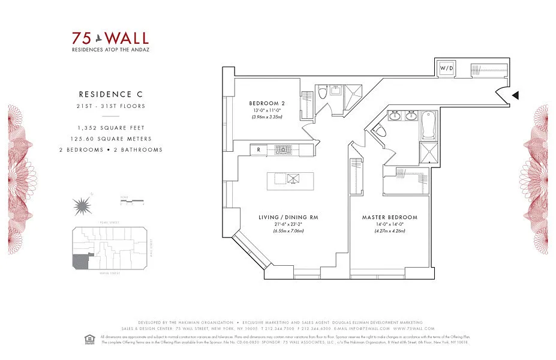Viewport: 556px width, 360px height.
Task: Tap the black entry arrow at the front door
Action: [x=515, y=95]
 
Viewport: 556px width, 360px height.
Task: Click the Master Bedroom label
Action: [x=390, y=217]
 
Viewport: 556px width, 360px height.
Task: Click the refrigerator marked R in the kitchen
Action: [x=258, y=149]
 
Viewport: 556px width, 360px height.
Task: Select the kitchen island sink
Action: [x=293, y=178]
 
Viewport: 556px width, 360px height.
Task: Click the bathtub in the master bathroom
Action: [x=429, y=125]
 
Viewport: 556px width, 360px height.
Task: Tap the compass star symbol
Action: [x=81, y=207]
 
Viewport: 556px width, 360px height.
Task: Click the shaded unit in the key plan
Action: [x=79, y=262]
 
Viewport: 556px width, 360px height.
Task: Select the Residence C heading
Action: [x=106, y=94]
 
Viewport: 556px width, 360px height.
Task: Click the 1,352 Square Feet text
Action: [x=112, y=128]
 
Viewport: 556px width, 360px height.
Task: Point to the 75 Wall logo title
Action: [x=111, y=38]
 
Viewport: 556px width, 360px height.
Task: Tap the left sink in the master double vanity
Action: [x=396, y=116]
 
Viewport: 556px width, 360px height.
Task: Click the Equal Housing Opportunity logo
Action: [x=92, y=340]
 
